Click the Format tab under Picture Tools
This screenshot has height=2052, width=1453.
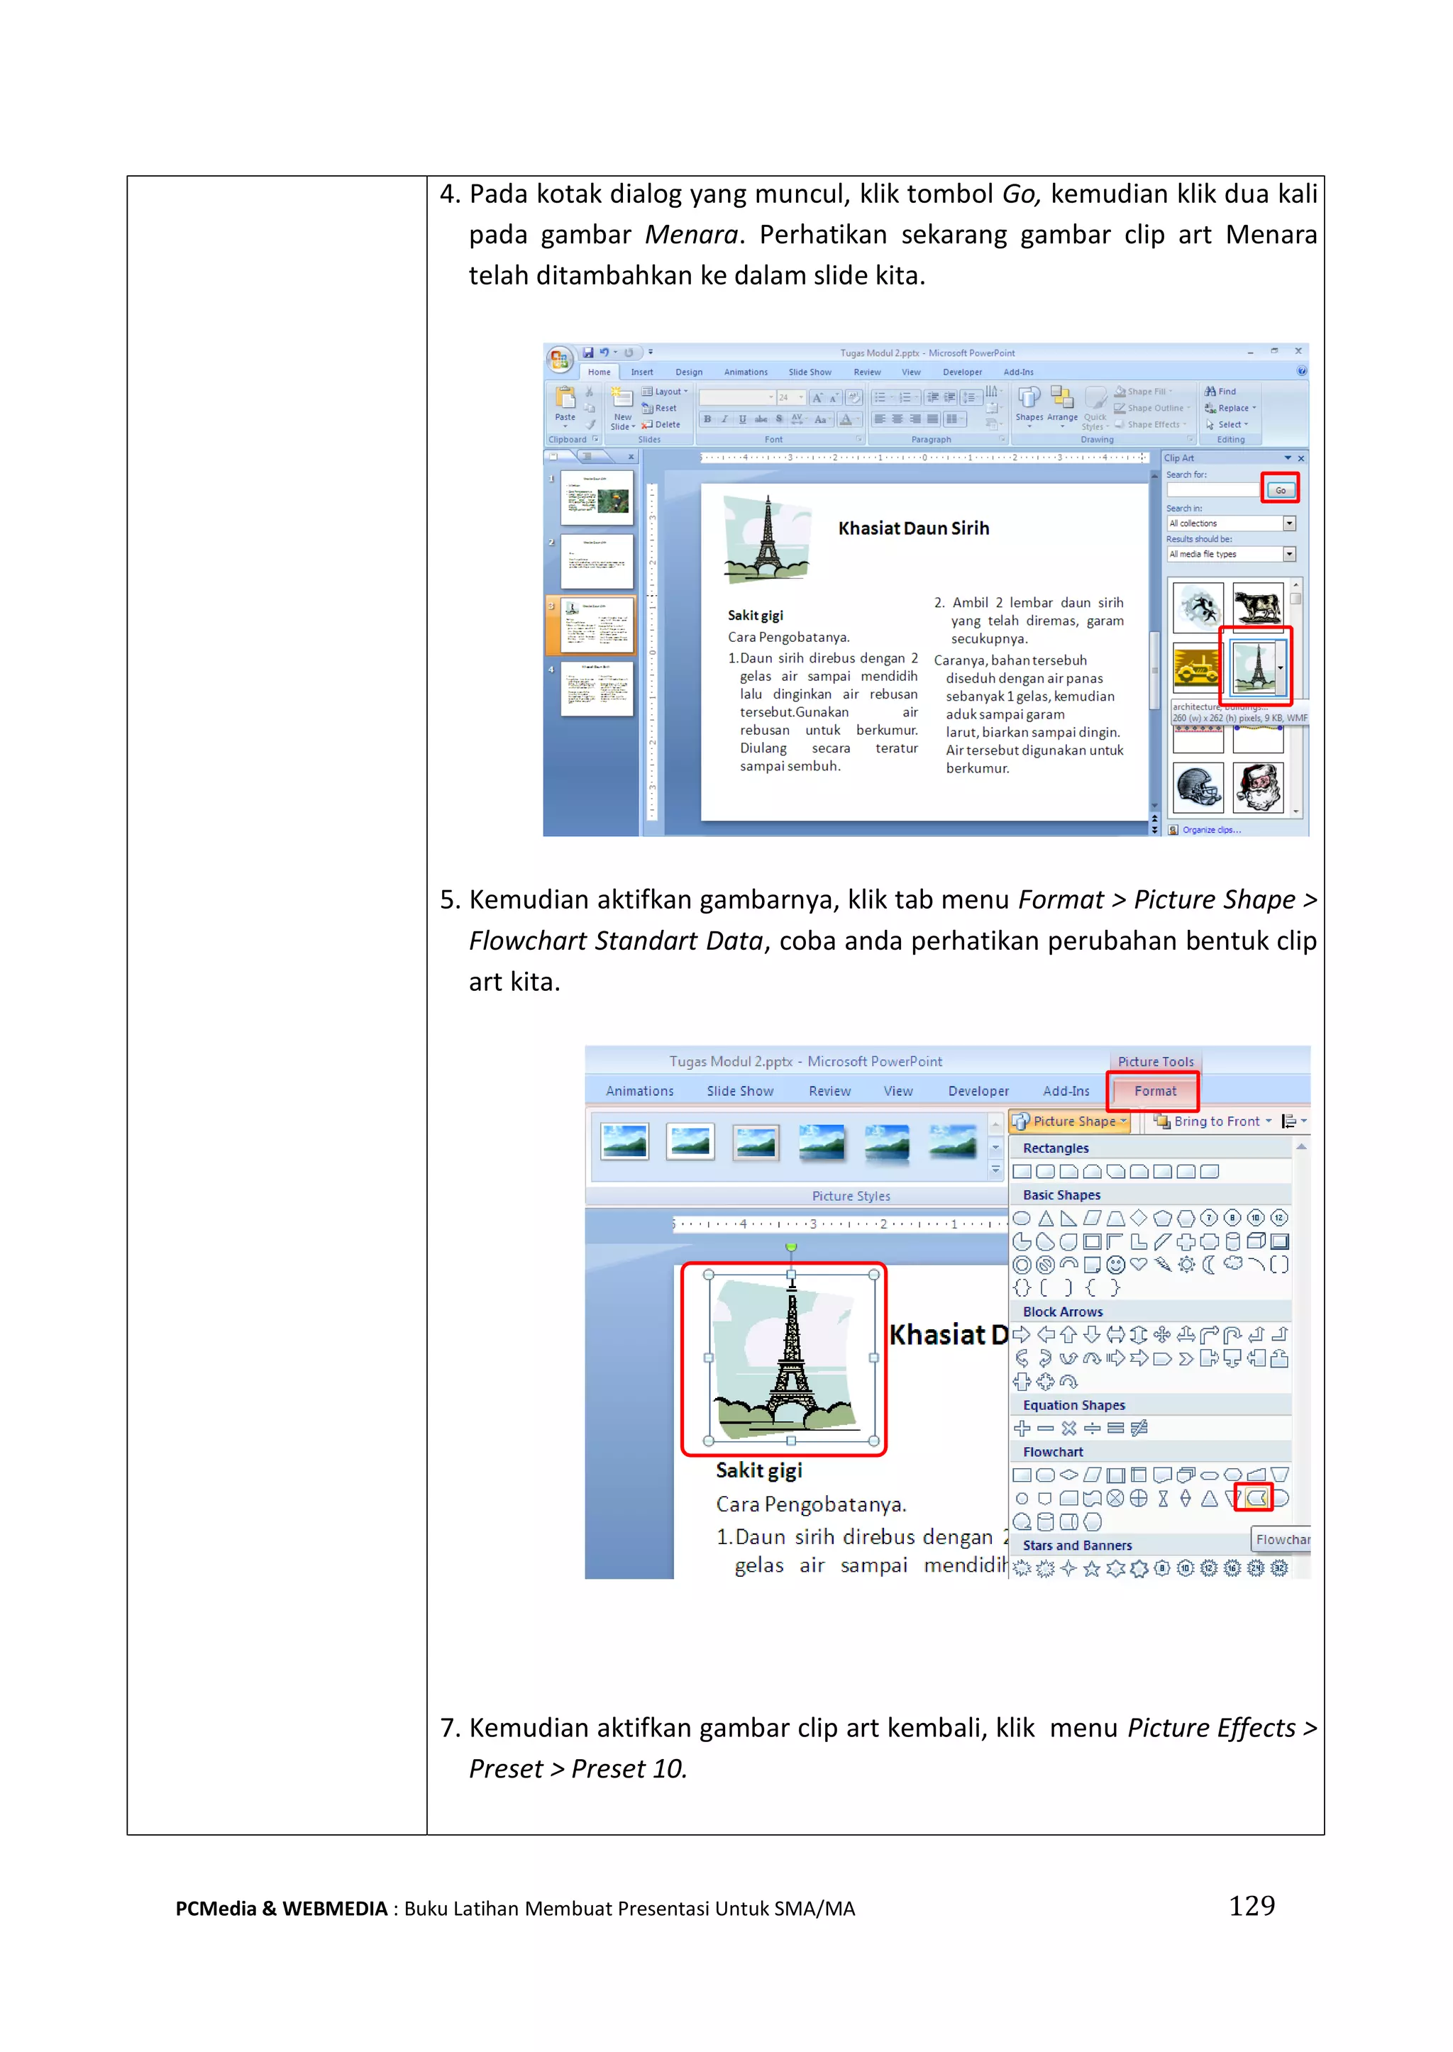[1154, 1090]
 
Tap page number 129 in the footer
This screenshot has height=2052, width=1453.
[1251, 1906]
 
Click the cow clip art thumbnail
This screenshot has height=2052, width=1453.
[1257, 606]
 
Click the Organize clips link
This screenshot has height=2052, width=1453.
[1210, 830]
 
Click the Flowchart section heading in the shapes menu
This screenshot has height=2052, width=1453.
[1052, 1452]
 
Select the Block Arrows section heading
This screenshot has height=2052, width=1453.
[1062, 1311]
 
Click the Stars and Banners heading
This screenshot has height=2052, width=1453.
[1076, 1545]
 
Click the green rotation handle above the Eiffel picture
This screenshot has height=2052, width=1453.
[791, 1246]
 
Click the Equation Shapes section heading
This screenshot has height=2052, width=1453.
[1073, 1405]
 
